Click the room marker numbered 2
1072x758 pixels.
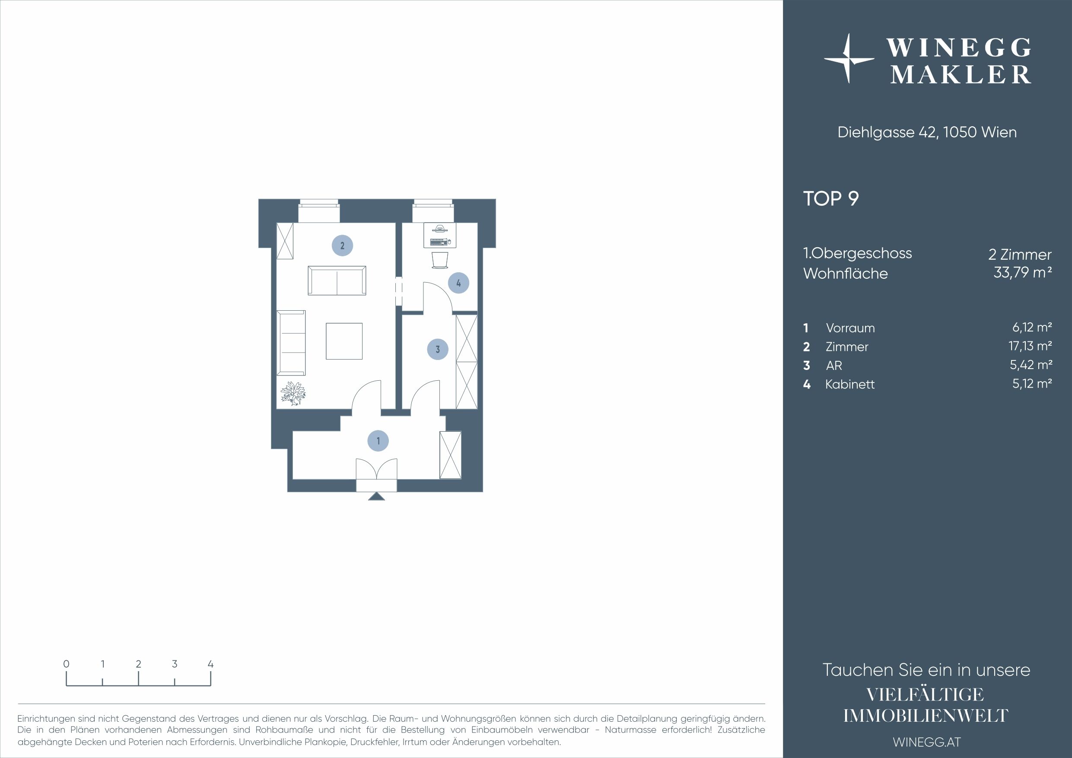coord(342,245)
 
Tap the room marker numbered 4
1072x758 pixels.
coord(458,283)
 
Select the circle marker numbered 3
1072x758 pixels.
coord(437,349)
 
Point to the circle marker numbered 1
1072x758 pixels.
coord(378,441)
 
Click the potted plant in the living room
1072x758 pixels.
coord(293,393)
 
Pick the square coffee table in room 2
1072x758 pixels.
coord(344,341)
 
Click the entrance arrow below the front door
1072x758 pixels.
coord(376,497)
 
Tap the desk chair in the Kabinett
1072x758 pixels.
coord(440,260)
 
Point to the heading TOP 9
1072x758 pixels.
coord(830,198)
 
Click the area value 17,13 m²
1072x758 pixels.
coord(1030,346)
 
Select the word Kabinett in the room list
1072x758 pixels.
coord(850,384)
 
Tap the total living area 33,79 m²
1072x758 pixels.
coord(1022,272)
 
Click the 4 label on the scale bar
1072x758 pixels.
coord(210,664)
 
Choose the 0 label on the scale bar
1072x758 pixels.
coord(66,664)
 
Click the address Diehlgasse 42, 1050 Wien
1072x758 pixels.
coord(927,132)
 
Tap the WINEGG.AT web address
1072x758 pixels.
coord(927,742)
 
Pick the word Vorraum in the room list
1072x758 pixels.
coord(850,328)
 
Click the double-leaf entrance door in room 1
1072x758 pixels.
coord(376,469)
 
